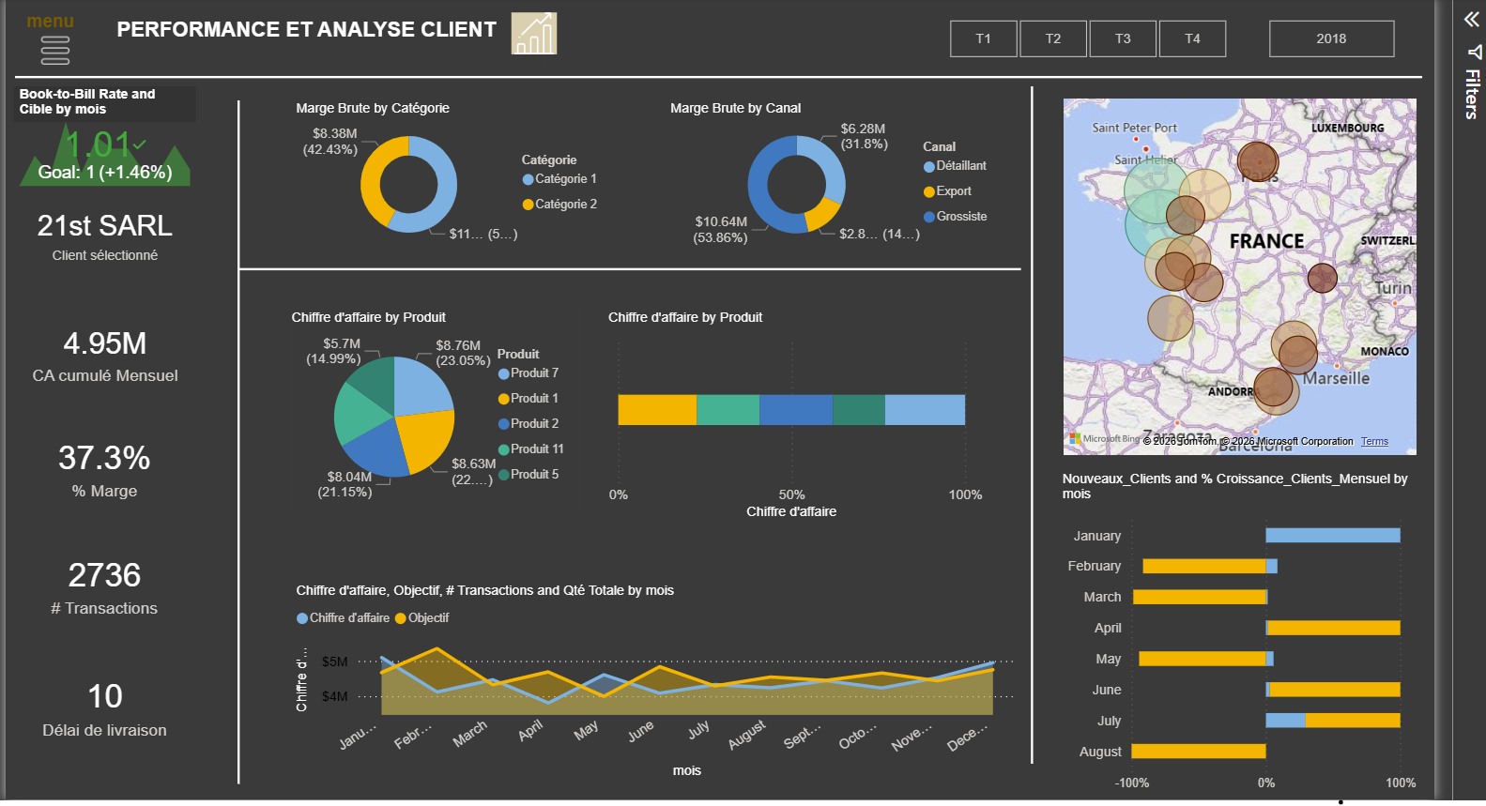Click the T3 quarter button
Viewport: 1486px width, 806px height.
pos(1123,38)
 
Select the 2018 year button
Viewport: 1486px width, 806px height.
pos(1331,38)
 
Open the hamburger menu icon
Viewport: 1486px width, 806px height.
pos(55,51)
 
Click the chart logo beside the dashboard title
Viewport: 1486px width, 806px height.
pos(534,34)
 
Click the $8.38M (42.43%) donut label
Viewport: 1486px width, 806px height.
pos(330,142)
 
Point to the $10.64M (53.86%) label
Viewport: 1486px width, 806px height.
pos(721,230)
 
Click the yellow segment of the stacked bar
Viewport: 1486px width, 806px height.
pos(657,410)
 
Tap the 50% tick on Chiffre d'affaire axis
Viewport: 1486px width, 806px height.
pos(791,494)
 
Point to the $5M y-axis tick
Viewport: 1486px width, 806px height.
pos(334,662)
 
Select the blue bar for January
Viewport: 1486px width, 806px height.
pos(1332,536)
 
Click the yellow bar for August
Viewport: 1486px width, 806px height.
pos(1199,752)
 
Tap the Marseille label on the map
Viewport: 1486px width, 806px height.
pos(1336,378)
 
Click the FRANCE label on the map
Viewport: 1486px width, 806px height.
pos(1266,242)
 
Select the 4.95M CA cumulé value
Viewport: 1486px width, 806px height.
pos(105,344)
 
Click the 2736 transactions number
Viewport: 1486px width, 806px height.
pos(104,575)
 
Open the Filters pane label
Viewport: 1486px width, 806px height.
pos(1472,94)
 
